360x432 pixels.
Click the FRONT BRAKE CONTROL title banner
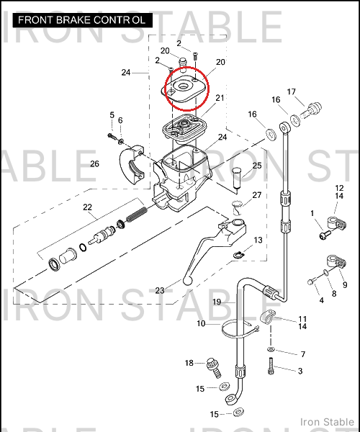point(82,20)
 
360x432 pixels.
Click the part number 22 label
point(87,207)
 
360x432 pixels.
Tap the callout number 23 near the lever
point(160,290)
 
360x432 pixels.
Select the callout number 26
point(94,164)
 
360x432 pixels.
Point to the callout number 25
point(257,166)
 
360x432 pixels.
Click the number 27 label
point(257,195)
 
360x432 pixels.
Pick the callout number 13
point(258,240)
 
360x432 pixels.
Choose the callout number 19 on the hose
point(217,302)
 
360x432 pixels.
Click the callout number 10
point(201,323)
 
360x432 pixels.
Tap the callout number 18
point(189,363)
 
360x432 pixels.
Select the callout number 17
point(291,91)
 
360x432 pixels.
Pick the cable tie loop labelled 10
point(240,329)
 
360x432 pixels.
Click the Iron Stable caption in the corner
point(327,422)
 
